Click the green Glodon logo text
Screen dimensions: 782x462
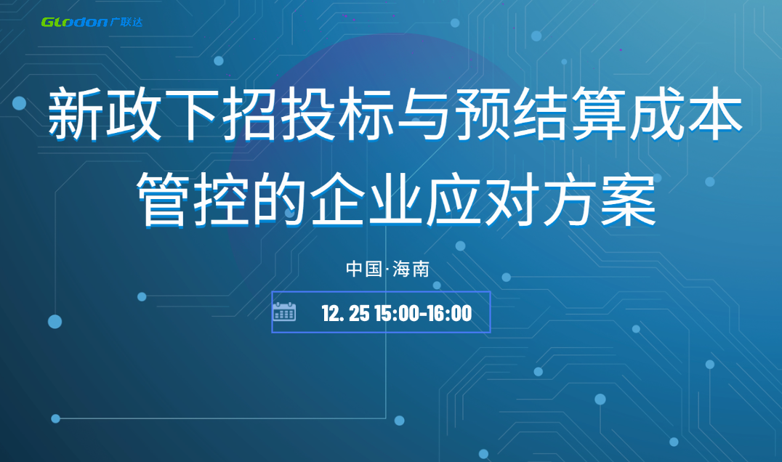pyautogui.click(x=74, y=22)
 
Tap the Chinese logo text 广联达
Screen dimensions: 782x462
pyautogui.click(x=126, y=22)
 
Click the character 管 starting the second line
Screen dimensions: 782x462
pyautogui.click(x=163, y=199)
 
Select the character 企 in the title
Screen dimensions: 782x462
pyautogui.click(x=336, y=199)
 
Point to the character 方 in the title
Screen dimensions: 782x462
pyautogui.click(x=569, y=199)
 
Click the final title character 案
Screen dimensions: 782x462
pyautogui.click(x=627, y=199)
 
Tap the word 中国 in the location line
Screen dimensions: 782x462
pyautogui.click(x=364, y=269)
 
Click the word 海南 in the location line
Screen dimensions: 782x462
pyautogui.click(x=411, y=269)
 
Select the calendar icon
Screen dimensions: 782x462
pyautogui.click(x=284, y=312)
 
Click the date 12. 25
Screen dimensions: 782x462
pyautogui.click(x=345, y=314)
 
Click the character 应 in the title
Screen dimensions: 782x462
pyautogui.click(x=453, y=199)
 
